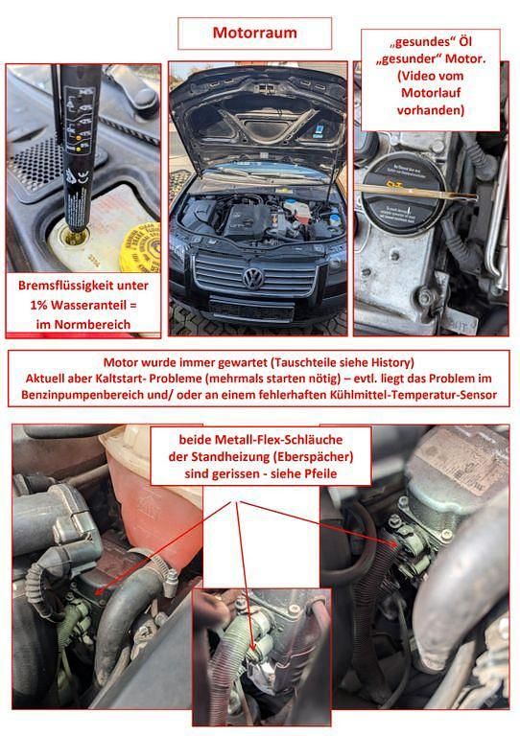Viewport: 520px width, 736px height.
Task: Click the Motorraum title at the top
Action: (x=254, y=33)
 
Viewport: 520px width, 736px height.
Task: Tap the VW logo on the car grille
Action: (x=253, y=279)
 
